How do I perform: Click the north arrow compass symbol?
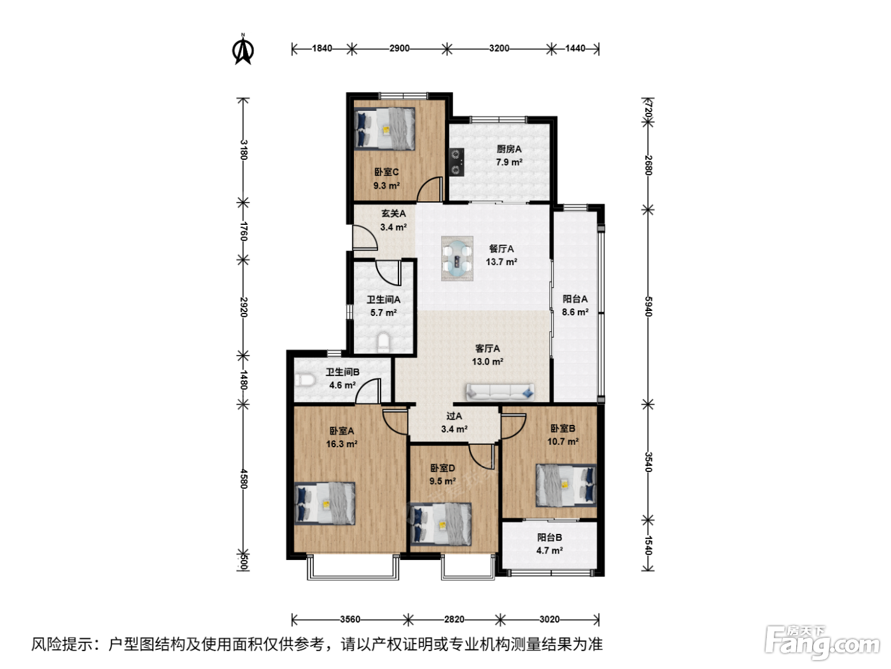point(242,50)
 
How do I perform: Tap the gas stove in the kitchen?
point(456,162)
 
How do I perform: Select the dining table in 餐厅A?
point(457,258)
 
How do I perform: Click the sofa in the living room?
point(500,392)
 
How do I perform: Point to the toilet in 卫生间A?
point(383,342)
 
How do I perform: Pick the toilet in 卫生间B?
point(305,380)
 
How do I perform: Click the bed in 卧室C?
point(384,129)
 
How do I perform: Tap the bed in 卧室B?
point(566,486)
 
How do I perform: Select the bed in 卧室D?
point(441,524)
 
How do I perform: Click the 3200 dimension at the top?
point(499,48)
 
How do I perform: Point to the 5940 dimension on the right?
point(649,306)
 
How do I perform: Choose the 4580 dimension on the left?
point(244,479)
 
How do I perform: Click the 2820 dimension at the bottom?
point(454,619)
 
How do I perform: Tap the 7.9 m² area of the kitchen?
point(509,162)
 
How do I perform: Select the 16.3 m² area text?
point(342,444)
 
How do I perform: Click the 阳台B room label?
point(550,537)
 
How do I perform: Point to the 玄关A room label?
point(393,213)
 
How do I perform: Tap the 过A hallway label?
point(454,416)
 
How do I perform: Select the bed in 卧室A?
point(325,503)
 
